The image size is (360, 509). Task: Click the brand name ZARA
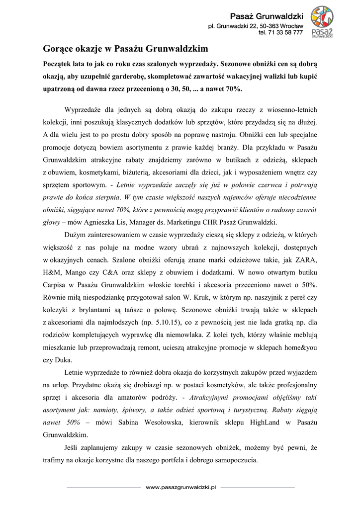pyautogui.click(x=305, y=260)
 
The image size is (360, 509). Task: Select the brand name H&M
pyautogui.click(x=52, y=272)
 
